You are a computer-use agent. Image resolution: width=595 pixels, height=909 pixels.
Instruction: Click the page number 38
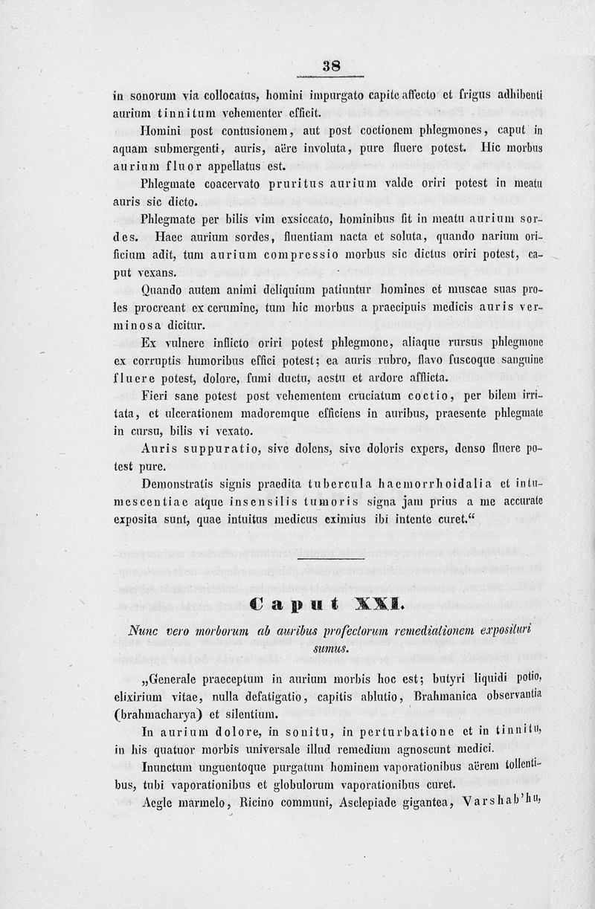[x=331, y=65]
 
